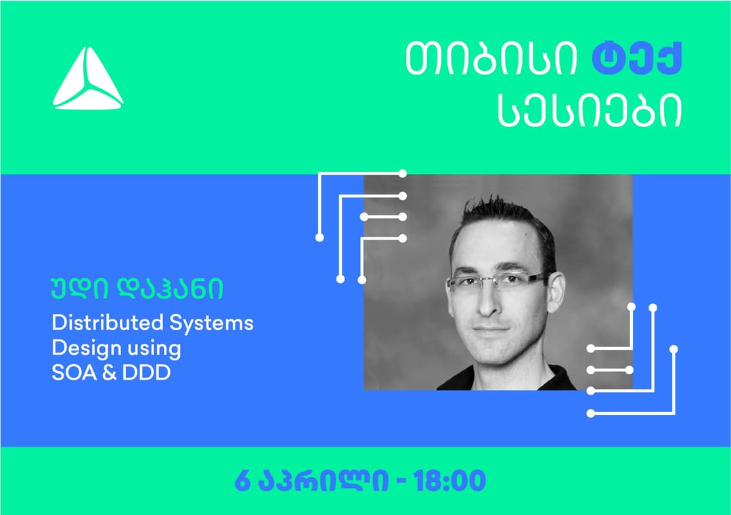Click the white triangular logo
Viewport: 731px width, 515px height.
point(87,79)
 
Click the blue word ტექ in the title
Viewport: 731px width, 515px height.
point(637,59)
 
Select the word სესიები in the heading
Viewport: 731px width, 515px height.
point(590,110)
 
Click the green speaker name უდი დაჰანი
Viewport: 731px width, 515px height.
point(137,289)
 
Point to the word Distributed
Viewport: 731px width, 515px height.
point(107,323)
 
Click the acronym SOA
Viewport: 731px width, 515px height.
point(74,373)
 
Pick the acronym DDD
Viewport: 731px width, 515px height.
point(146,373)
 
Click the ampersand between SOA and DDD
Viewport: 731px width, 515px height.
point(109,373)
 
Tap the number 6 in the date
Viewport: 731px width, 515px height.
point(242,481)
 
